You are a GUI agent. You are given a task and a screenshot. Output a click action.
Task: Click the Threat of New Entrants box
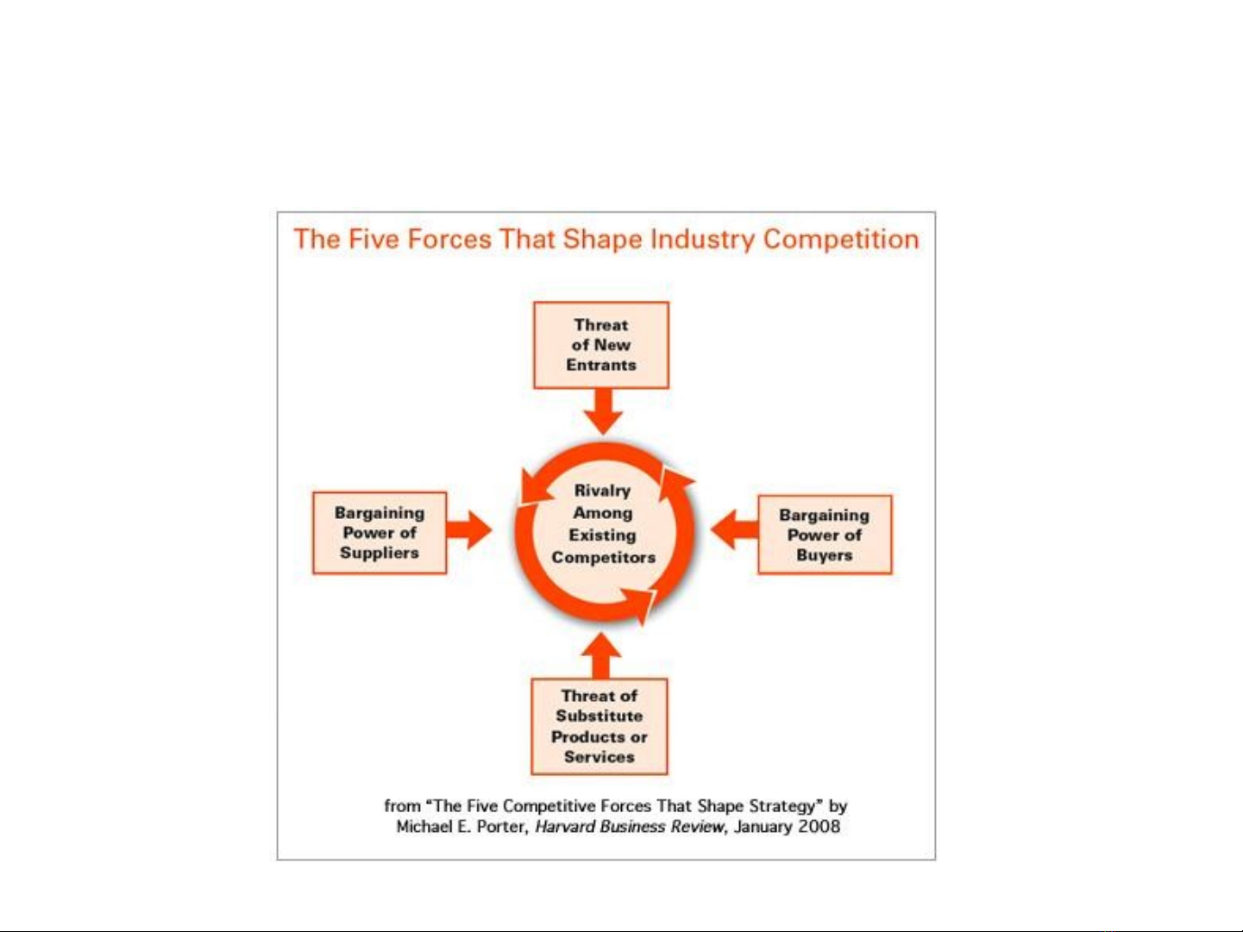(x=601, y=345)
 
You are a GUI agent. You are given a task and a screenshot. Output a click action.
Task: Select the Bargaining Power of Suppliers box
(x=380, y=533)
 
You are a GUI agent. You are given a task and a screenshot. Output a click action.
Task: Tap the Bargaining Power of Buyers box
(x=825, y=535)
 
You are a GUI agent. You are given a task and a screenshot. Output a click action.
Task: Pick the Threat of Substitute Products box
(x=600, y=726)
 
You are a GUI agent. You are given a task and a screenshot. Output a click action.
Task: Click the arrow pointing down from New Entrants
(x=603, y=411)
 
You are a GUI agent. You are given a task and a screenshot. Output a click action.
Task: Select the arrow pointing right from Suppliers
(x=469, y=529)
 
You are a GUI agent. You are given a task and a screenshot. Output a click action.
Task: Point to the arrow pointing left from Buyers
(x=734, y=529)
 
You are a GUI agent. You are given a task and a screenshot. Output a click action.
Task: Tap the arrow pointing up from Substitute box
(x=601, y=656)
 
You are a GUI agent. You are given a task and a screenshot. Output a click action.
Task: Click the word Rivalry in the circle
(x=602, y=491)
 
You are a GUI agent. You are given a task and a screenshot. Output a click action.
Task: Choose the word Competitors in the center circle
(x=604, y=557)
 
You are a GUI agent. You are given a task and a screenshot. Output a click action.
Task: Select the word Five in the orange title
(x=374, y=239)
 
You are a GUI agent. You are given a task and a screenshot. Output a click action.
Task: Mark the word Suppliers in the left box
(x=380, y=553)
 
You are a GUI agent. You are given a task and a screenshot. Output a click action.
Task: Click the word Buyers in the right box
(x=825, y=555)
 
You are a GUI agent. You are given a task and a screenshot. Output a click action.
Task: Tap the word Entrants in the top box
(x=601, y=365)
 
